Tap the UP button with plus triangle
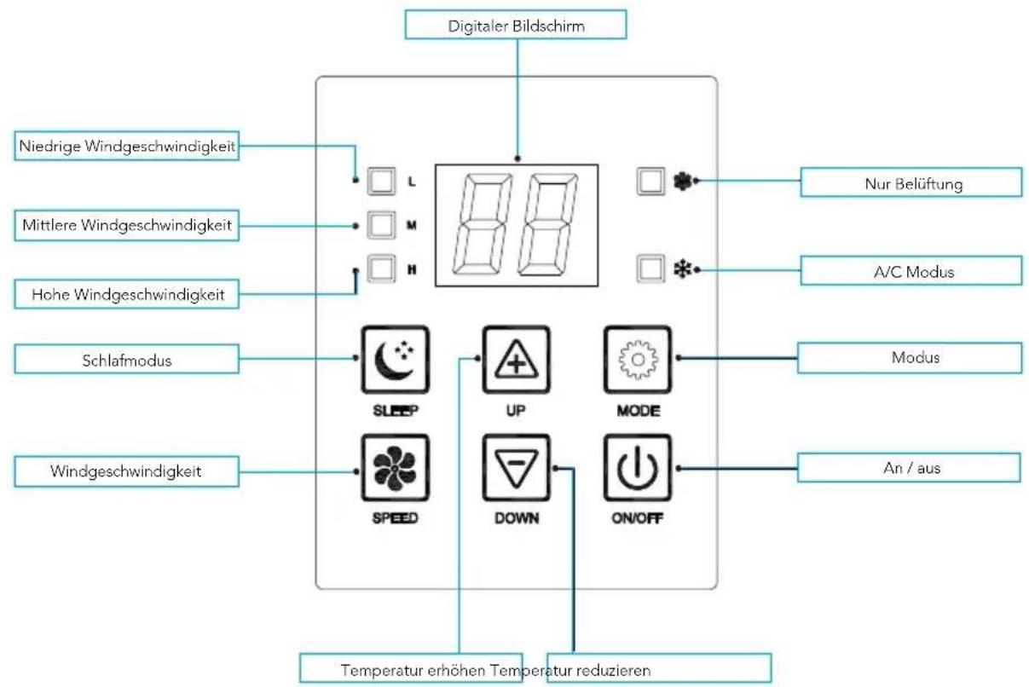point(515,359)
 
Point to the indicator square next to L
point(382,181)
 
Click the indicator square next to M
point(382,226)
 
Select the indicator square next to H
point(382,268)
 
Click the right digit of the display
point(550,224)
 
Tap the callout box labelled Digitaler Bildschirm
point(516,26)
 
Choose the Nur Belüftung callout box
point(910,182)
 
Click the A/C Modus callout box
point(910,271)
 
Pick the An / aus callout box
point(909,467)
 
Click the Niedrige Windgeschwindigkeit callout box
point(127,147)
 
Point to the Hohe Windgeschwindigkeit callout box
point(128,295)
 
